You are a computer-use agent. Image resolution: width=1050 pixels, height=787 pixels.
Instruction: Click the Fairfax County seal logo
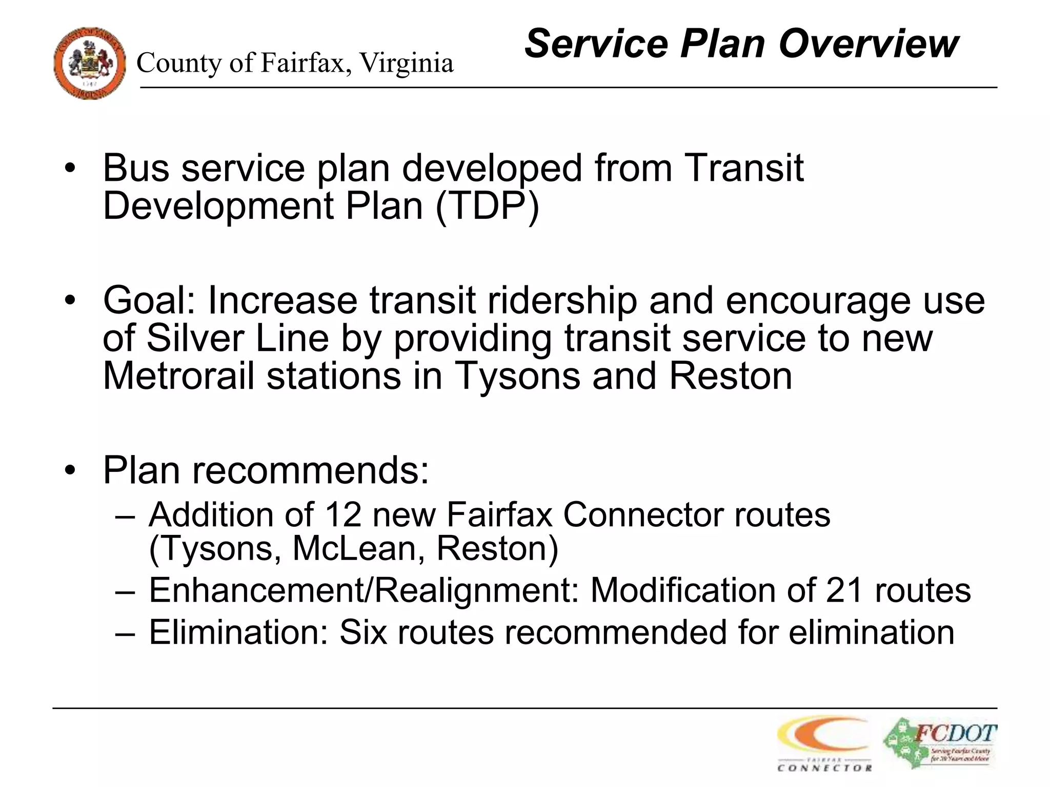[90, 64]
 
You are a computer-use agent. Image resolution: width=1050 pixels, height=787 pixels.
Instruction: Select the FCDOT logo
[940, 743]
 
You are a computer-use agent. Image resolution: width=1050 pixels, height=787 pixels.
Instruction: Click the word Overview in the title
[868, 44]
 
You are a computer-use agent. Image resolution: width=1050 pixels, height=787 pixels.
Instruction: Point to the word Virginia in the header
[406, 64]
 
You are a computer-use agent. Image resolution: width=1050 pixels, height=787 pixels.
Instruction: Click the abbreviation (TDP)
[487, 206]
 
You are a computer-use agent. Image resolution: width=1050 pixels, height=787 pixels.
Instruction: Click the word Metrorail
[179, 376]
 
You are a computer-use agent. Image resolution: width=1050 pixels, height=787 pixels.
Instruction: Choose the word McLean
[358, 548]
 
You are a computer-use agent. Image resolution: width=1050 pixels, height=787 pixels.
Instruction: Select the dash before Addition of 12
[126, 515]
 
